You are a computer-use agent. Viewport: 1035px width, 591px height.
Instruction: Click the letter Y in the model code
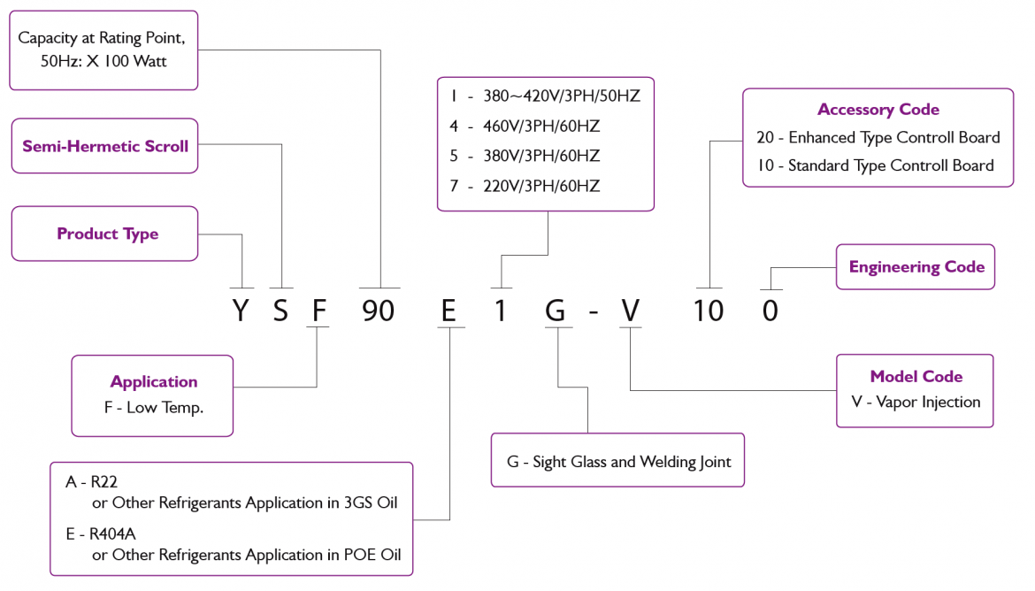coord(241,311)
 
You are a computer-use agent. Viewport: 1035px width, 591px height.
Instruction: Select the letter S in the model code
coord(280,311)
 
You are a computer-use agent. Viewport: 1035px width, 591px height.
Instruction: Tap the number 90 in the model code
coord(380,311)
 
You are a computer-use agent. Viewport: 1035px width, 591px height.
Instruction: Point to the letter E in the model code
coord(450,311)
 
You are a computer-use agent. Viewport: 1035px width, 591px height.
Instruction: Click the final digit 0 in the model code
coord(770,311)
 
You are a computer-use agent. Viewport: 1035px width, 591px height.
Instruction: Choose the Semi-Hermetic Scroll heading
coord(105,146)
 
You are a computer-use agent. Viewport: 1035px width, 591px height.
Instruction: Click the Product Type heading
coord(108,234)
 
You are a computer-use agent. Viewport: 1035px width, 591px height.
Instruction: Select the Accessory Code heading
coord(878,110)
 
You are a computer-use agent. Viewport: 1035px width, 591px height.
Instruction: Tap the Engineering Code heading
coord(916,267)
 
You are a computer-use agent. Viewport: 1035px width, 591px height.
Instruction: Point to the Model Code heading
coord(916,377)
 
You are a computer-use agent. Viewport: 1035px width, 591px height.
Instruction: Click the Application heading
coord(154,382)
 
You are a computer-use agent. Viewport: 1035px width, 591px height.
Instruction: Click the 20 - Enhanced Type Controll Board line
coord(878,138)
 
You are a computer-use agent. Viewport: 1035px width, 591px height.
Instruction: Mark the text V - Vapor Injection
coord(916,403)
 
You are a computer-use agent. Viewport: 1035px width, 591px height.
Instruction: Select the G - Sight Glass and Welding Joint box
coord(618,461)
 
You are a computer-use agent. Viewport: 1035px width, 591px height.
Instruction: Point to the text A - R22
coord(92,482)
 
